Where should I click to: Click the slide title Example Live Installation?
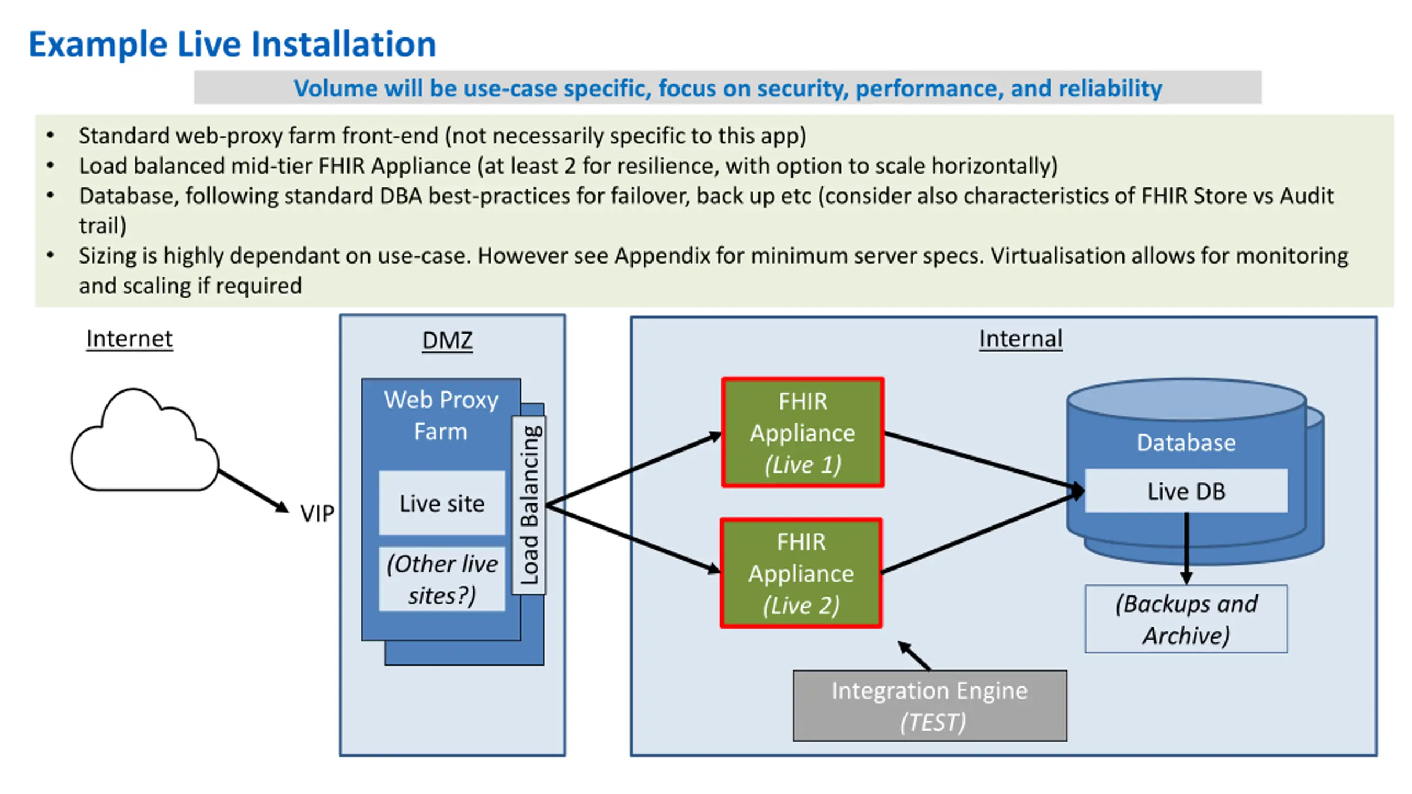coord(232,44)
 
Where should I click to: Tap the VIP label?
coord(317,513)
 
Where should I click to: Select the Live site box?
coord(442,503)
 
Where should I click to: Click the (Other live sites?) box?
coord(442,579)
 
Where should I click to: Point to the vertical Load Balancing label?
coord(529,505)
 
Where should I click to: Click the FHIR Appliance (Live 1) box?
coord(803,432)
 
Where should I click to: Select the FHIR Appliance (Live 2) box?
coord(801,573)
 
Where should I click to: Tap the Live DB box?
coord(1186,491)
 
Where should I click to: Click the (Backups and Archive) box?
coord(1186,619)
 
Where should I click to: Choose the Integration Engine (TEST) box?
coord(930,706)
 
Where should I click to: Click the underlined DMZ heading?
coord(447,340)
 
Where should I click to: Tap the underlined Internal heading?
coord(1020,339)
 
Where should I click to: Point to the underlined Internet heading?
coord(130,339)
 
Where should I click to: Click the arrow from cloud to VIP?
coord(254,491)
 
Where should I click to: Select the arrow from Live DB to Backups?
coord(1186,549)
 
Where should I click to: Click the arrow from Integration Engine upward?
coord(914,656)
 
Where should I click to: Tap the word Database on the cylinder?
coord(1186,442)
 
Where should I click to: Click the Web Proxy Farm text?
coord(441,415)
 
